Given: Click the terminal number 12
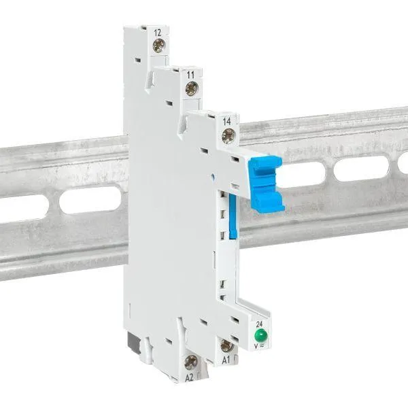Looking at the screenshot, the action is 158,33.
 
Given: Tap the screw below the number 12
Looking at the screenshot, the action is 158,46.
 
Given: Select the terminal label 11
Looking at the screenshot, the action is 190,75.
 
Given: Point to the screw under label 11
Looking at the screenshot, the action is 192,88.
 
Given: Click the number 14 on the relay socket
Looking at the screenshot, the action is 226,122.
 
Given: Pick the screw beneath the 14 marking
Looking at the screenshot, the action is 228,136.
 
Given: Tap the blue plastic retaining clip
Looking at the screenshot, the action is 266,183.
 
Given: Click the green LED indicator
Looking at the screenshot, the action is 261,335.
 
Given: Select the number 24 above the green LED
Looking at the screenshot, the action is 259,324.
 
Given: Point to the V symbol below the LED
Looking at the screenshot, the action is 256,346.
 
